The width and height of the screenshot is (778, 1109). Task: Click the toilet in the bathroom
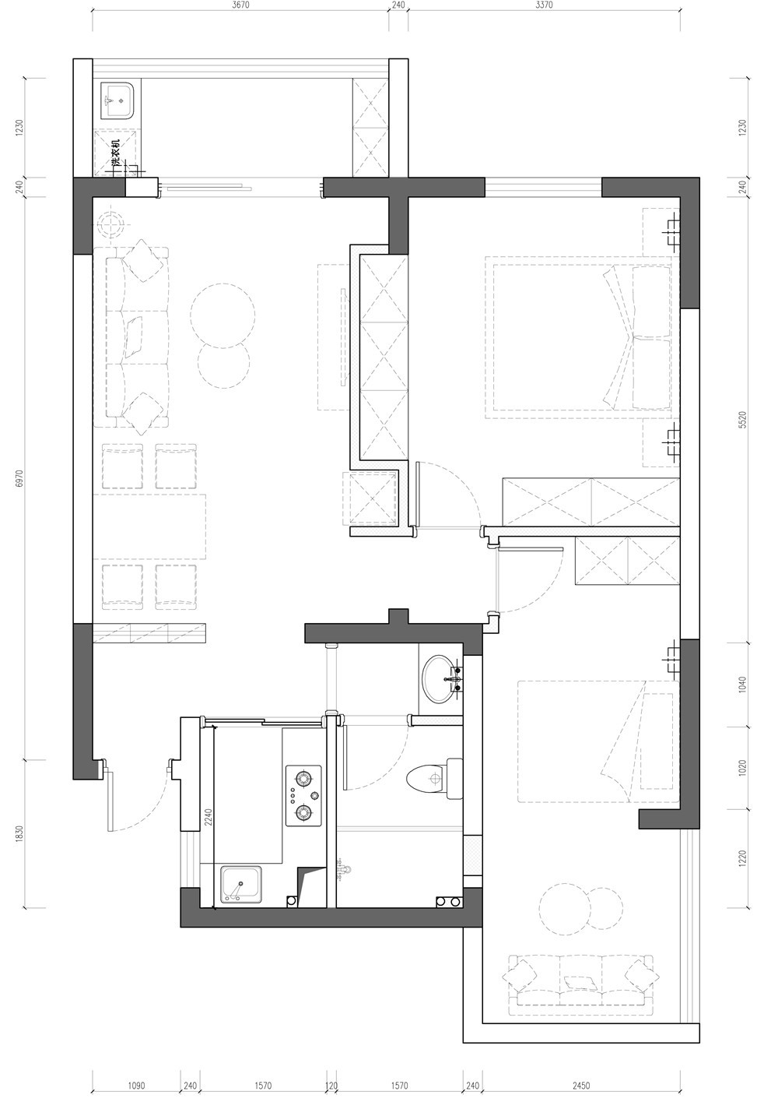tap(434, 778)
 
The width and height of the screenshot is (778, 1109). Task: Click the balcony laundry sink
tap(117, 100)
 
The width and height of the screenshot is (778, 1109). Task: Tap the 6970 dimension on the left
tap(19, 478)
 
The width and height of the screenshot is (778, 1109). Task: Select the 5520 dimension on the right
tap(741, 420)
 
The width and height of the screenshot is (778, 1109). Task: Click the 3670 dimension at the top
tap(240, 5)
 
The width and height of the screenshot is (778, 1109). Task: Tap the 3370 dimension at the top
tap(544, 5)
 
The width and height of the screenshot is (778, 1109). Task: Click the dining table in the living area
tap(149, 526)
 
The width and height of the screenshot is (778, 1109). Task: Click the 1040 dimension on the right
tap(741, 685)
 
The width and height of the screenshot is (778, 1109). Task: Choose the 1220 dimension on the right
tap(741, 858)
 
